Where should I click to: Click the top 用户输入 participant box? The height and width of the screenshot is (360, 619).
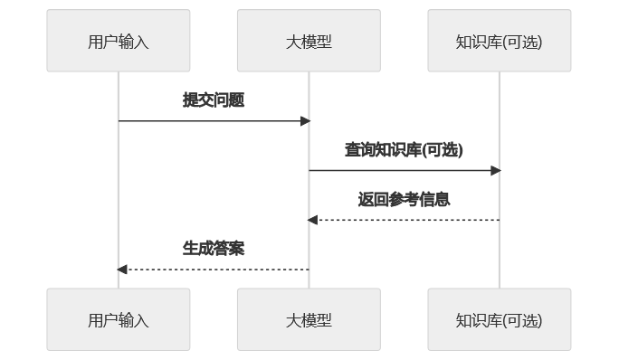119,41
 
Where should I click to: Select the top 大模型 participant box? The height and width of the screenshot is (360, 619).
309,41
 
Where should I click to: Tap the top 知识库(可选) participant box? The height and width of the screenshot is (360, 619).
500,41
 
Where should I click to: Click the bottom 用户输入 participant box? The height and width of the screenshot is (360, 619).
119,319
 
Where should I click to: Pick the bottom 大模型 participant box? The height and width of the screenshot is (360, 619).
309,319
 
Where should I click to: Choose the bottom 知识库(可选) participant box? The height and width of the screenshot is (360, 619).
500,319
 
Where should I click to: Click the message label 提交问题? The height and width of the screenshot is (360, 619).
214,100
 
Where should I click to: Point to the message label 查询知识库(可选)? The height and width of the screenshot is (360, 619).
404,150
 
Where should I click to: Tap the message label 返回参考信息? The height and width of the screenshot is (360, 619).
404,200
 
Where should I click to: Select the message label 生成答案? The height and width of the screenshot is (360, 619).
214,249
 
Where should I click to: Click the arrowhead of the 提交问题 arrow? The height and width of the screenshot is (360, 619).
306,121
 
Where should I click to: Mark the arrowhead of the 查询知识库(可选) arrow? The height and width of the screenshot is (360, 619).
496,170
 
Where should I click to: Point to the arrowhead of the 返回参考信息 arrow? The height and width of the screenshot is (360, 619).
312,220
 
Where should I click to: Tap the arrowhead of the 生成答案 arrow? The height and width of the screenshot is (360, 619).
122,270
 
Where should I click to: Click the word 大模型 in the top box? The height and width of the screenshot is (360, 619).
309,42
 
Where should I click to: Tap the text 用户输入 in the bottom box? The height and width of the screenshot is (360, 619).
119,320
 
